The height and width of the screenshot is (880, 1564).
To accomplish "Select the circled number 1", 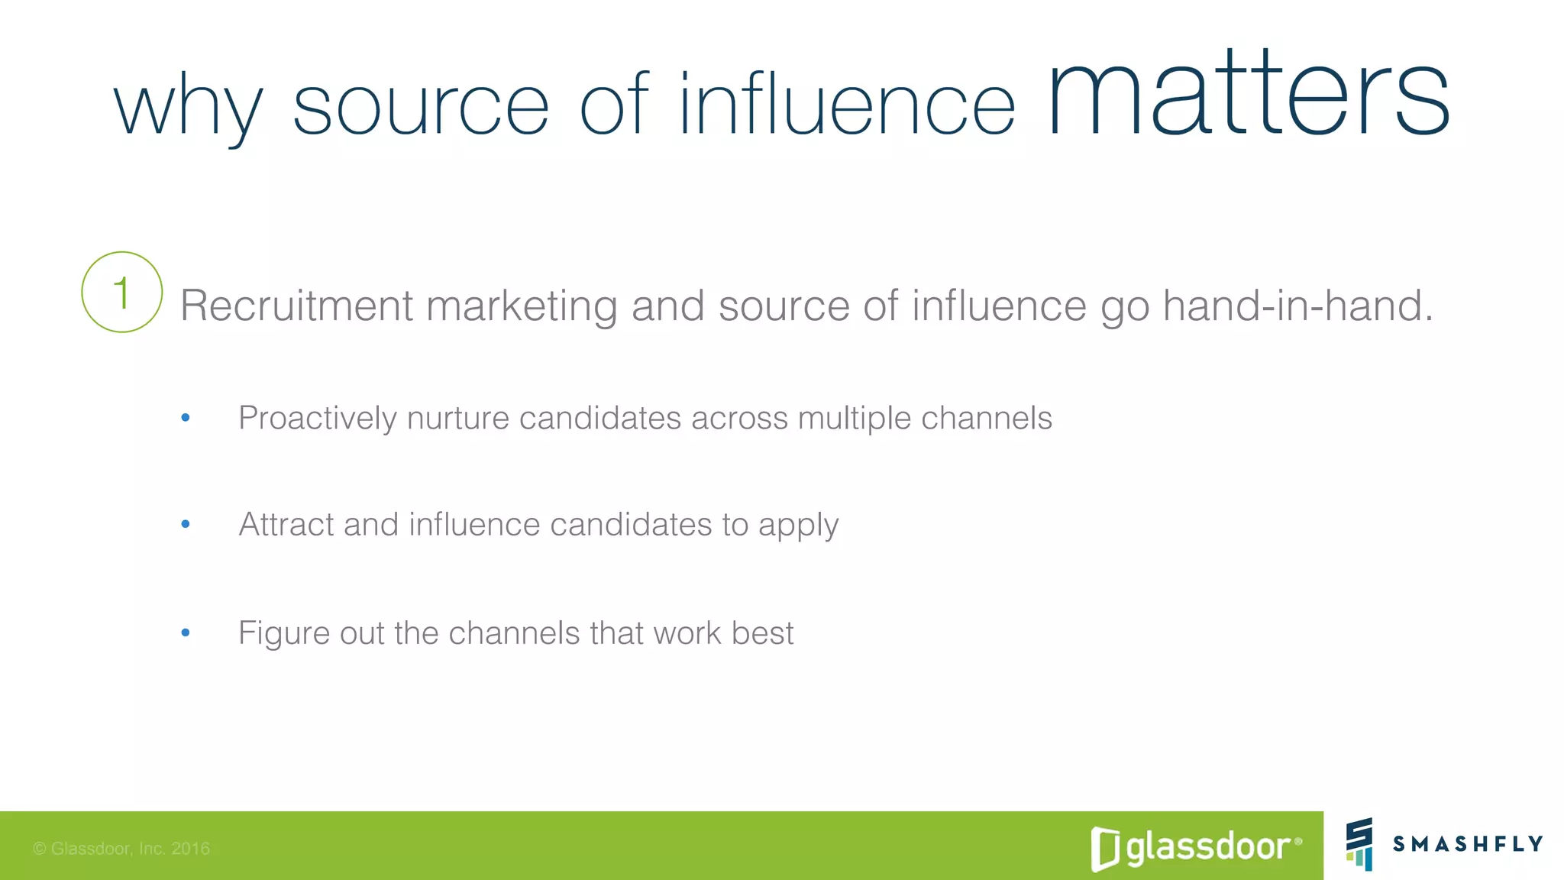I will point(122,292).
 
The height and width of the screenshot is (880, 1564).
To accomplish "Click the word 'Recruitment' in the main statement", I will point(296,306).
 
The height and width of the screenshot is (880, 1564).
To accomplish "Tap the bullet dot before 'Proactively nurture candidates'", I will point(185,418).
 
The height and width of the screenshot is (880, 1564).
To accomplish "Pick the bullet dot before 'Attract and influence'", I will point(185,524).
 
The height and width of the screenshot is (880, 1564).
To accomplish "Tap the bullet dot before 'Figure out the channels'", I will point(185,632).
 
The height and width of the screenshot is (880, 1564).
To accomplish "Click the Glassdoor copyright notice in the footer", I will point(121,849).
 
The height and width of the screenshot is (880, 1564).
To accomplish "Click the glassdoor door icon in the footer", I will point(1105,848).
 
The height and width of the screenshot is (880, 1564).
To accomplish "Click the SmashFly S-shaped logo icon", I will point(1359,843).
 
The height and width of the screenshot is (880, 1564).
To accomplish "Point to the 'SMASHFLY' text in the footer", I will point(1467,844).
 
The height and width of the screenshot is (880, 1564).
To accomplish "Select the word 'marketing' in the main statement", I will point(521,306).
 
